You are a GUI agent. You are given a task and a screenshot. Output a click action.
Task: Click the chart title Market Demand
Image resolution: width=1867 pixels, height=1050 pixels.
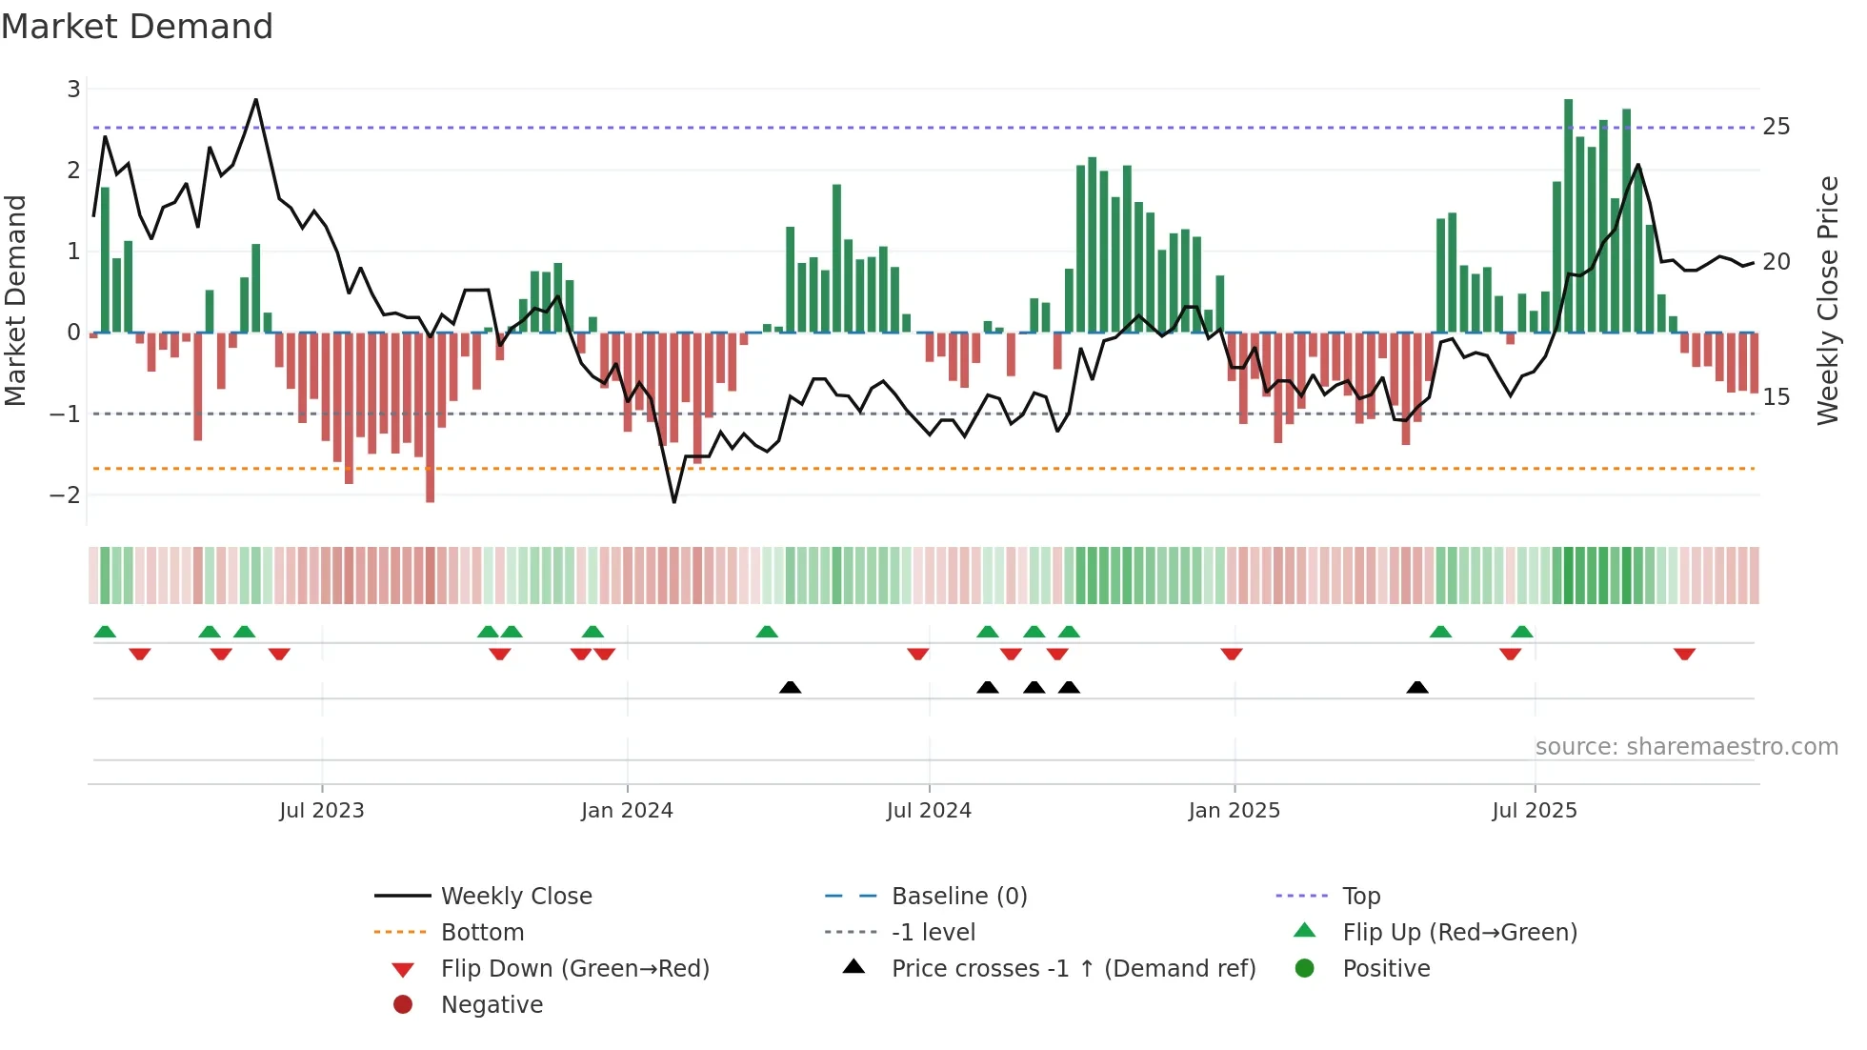[137, 27]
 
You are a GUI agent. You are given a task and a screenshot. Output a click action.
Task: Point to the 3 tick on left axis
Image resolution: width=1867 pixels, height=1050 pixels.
[73, 90]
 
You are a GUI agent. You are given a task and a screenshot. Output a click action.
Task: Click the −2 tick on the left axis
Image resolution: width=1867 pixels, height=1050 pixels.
[65, 495]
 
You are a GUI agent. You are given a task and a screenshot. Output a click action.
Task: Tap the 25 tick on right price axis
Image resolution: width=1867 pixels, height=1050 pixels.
[1776, 127]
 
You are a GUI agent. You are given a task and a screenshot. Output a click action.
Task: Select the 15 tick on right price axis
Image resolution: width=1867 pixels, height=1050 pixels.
[1776, 397]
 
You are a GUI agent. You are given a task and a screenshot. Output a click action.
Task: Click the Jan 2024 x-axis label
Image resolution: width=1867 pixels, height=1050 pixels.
[627, 811]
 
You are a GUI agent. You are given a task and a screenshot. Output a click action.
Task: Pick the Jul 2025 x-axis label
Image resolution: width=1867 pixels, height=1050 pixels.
[1534, 811]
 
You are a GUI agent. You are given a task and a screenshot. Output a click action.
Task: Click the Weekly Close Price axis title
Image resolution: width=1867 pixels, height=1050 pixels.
[1827, 300]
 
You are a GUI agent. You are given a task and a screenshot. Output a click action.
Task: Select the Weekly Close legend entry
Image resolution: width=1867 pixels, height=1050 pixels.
[515, 897]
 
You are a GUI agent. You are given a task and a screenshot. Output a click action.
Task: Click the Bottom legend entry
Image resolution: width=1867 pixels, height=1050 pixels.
[482, 933]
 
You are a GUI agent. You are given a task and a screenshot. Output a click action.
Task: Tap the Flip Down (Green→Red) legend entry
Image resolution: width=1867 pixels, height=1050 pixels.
[574, 969]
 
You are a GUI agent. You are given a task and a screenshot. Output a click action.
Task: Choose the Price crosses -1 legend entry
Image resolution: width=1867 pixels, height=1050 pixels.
[1073, 969]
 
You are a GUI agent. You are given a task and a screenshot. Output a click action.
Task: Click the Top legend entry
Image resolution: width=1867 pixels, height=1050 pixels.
[1360, 897]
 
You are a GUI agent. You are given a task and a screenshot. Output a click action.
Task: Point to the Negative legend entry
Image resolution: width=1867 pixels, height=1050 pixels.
[492, 1005]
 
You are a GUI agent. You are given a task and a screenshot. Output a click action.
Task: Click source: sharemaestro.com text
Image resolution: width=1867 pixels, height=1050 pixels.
[1686, 747]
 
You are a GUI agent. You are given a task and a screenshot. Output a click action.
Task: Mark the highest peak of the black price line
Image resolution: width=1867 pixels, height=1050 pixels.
[255, 99]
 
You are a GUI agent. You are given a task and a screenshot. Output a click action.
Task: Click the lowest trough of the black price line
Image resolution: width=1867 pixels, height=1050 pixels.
[674, 502]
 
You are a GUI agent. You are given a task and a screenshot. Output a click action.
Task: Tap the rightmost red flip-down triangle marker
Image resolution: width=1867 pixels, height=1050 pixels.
[1684, 655]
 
